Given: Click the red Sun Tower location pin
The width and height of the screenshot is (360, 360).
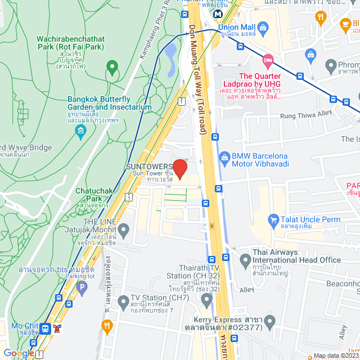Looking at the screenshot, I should pos(179,169).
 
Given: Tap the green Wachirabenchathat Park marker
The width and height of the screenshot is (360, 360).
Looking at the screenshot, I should pos(111,69).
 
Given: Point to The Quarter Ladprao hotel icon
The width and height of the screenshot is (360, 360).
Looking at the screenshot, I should pos(268,60).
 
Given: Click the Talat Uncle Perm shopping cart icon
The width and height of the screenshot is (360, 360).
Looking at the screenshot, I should pos(274,219).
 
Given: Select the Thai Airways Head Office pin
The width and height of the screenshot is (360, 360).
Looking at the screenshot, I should pos(245,260).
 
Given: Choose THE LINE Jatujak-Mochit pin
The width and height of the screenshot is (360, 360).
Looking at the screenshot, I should pos(124,229).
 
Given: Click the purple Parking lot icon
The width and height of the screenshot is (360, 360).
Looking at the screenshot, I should pos(82,289).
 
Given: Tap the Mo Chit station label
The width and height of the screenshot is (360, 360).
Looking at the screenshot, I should pos(24,326).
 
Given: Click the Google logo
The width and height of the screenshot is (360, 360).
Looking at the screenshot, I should pos(19,353).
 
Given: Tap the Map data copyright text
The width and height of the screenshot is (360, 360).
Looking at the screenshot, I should pos(336,355).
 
